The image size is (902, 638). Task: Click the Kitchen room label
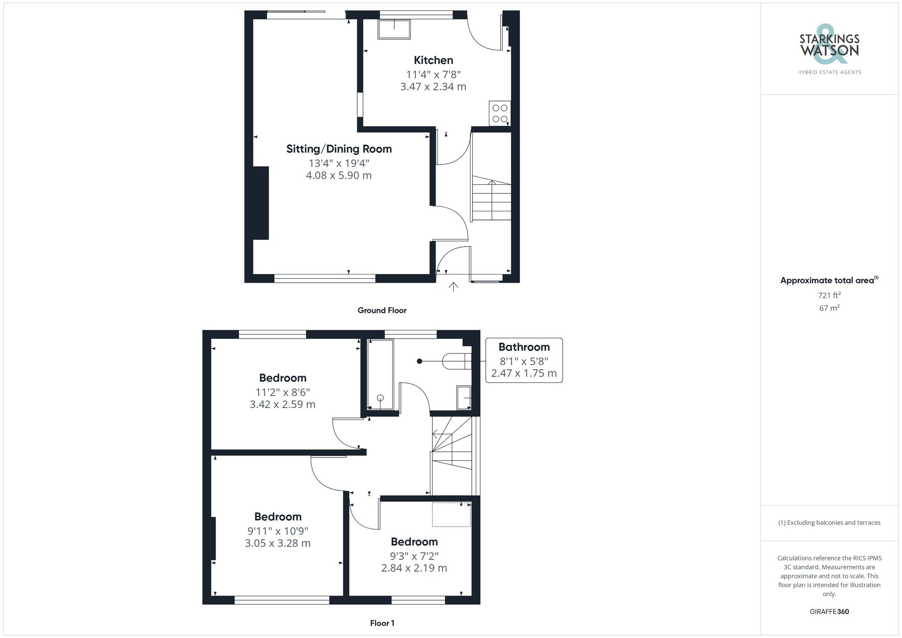click(x=433, y=60)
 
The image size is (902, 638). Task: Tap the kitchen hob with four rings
click(x=500, y=114)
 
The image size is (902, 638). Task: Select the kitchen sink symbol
click(x=394, y=29)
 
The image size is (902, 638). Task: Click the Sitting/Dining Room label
click(x=339, y=149)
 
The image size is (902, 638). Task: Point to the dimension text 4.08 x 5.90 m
click(x=339, y=175)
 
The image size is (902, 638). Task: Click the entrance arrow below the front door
click(x=453, y=287)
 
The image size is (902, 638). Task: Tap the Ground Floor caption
click(x=382, y=310)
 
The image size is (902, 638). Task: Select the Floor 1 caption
click(x=382, y=623)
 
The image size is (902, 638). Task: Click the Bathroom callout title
click(x=524, y=347)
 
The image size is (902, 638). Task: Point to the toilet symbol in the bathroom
click(x=456, y=361)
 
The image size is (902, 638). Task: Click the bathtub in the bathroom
click(x=380, y=374)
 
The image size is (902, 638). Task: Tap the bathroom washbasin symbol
click(x=464, y=397)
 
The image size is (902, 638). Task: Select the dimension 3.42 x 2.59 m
click(x=282, y=404)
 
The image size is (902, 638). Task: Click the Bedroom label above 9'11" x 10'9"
click(x=277, y=517)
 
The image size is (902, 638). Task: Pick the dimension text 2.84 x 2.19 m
click(x=414, y=568)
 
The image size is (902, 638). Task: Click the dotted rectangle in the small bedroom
click(x=451, y=514)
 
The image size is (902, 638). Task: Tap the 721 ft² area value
click(x=829, y=295)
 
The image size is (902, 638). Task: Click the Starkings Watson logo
click(x=829, y=45)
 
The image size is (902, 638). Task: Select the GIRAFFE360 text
click(x=829, y=611)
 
